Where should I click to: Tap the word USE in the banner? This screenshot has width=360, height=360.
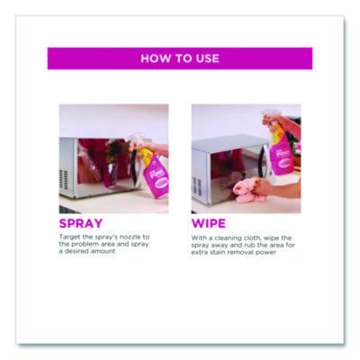pyautogui.click(x=206, y=58)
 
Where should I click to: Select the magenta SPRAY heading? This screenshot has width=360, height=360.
pyautogui.click(x=81, y=222)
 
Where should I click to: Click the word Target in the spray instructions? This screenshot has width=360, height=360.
pyautogui.click(x=69, y=237)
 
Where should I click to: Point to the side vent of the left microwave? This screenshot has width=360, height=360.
pyautogui.click(x=67, y=181)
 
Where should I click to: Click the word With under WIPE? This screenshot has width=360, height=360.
pyautogui.click(x=199, y=237)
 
